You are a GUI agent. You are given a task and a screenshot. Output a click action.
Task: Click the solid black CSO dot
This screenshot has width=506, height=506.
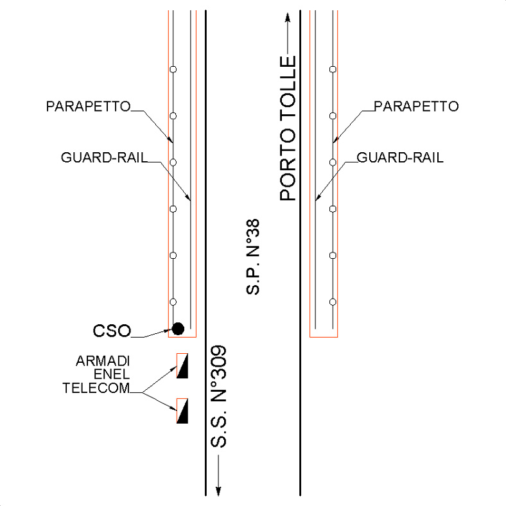(179, 329)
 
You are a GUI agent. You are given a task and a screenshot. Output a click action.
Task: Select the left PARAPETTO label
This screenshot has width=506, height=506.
(88, 106)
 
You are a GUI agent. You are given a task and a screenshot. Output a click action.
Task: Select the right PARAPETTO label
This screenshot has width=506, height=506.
(416, 106)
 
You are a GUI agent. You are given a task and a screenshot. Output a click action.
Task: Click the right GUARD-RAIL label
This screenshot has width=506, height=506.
(399, 157)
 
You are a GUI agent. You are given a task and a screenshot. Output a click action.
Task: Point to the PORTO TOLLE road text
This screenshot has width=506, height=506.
(289, 128)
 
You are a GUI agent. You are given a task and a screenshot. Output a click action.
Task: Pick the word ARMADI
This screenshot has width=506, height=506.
(101, 361)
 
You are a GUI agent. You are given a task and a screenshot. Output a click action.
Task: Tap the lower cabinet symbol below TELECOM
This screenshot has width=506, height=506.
(182, 411)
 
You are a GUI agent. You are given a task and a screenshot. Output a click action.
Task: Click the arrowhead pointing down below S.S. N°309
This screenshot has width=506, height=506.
(218, 491)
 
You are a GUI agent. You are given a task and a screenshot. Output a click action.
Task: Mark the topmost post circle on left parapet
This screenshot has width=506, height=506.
(172, 69)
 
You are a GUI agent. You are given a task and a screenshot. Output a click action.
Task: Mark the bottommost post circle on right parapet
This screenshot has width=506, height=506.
(332, 302)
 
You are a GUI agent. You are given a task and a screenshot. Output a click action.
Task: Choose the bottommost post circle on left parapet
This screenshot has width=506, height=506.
(172, 302)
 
